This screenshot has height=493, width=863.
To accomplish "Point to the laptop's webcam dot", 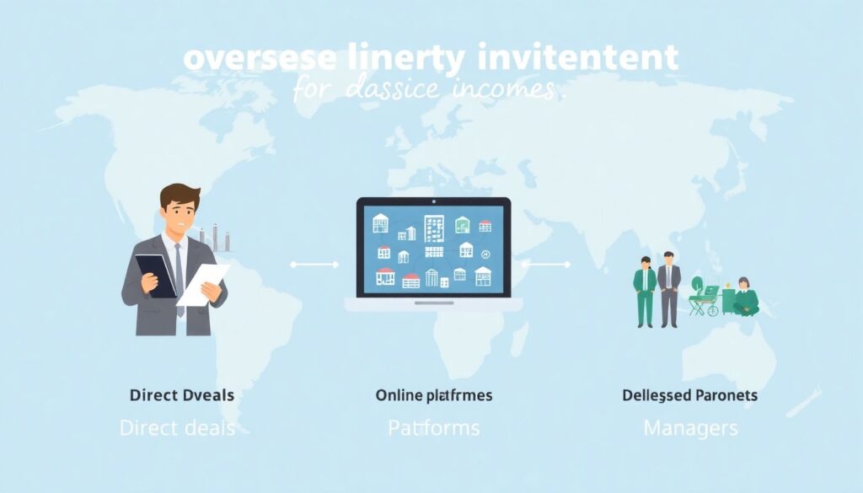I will [x=433, y=202].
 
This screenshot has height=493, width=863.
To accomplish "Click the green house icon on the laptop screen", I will [x=463, y=225].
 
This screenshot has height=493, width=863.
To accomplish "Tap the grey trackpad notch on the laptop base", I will [x=433, y=302].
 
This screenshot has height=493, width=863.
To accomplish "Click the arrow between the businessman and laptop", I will [x=314, y=265].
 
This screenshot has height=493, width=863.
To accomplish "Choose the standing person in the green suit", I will [x=645, y=290].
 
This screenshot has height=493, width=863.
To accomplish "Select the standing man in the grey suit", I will [x=669, y=289].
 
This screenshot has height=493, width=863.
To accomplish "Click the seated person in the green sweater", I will [x=744, y=297].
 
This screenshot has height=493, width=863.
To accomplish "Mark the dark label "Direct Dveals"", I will [x=182, y=394].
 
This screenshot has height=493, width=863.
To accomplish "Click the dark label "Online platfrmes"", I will [x=433, y=394].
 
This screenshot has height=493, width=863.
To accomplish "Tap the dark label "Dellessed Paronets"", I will [x=689, y=394].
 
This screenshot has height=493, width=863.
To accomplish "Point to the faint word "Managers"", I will [x=690, y=427].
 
